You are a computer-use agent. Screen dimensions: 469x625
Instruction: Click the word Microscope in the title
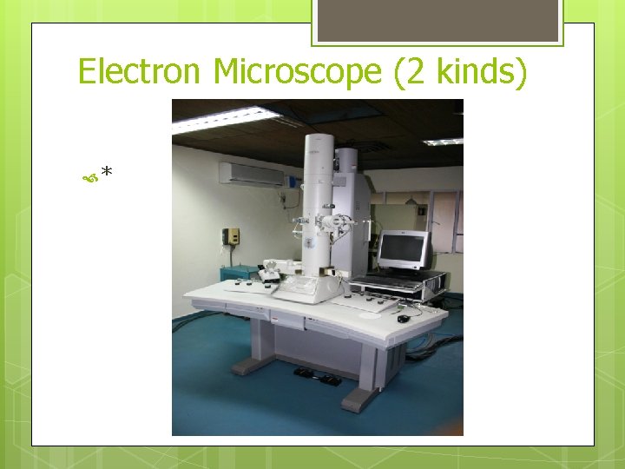point(297,71)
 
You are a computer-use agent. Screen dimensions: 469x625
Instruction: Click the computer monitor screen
point(403,248)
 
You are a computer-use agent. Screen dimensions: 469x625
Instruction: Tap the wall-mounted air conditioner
point(251,175)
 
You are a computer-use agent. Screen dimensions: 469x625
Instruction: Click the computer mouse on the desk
point(404,319)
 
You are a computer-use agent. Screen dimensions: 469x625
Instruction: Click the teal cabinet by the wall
point(239,273)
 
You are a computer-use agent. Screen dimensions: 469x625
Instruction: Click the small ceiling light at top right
point(444,141)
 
